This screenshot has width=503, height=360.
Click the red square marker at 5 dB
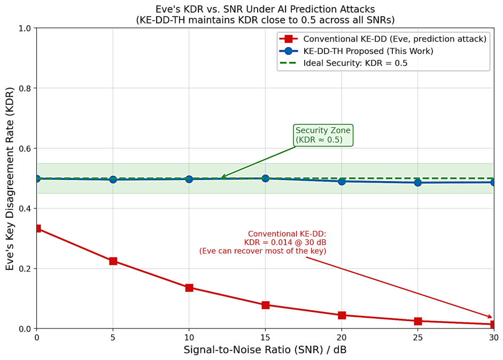113,261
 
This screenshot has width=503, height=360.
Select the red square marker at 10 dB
189,287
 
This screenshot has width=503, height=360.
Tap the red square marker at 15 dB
265,305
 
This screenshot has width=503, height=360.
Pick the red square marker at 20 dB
342,315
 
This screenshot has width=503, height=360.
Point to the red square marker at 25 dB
417,321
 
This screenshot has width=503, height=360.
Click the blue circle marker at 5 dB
113,179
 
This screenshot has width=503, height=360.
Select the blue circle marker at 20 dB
342,182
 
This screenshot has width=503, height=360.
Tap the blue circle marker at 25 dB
417,183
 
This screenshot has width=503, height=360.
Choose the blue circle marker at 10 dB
189,179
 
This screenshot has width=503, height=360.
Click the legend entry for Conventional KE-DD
383,39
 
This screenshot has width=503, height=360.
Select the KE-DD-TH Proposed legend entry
356,51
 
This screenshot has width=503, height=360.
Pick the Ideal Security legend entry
343,63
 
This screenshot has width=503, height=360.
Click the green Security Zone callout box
323,135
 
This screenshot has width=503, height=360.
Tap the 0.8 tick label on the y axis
25,88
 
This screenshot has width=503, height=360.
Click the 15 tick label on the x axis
265,337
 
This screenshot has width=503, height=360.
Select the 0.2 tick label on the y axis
25,269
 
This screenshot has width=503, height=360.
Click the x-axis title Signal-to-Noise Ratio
265,349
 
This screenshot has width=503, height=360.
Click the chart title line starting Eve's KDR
265,9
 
